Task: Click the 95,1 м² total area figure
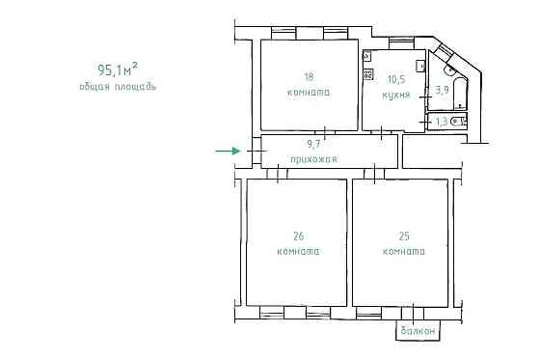[x=118, y=69]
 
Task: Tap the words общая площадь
[x=118, y=87]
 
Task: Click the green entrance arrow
[x=228, y=151]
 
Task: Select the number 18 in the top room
[x=309, y=76]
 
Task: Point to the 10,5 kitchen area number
[x=396, y=80]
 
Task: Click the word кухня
[x=396, y=95]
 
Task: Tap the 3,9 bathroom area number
[x=443, y=91]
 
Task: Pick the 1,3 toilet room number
[x=442, y=122]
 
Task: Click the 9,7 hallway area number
[x=313, y=144]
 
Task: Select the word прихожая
[x=314, y=159]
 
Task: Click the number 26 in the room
[x=299, y=236]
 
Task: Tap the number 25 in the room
[x=404, y=236]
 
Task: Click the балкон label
[x=418, y=331]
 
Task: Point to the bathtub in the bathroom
[x=459, y=94]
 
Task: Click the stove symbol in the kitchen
[x=368, y=73]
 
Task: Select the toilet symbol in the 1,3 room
[x=459, y=122]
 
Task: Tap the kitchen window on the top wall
[x=401, y=43]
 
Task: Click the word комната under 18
[x=309, y=93]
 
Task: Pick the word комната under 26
[x=299, y=251]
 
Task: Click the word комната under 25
[x=404, y=251]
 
